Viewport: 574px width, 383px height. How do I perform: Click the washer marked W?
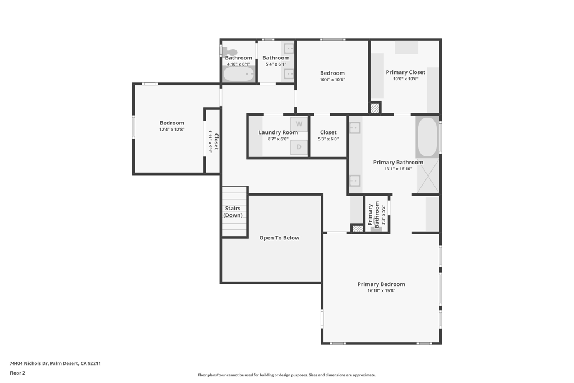coord(299,124)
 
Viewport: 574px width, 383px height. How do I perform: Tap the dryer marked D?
coord(299,147)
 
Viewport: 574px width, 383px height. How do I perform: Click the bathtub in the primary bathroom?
coord(427,137)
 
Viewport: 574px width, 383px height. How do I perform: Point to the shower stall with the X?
coord(428,176)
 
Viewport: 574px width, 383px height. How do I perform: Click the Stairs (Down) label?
coord(233,212)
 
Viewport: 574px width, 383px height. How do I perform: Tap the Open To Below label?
coord(279,238)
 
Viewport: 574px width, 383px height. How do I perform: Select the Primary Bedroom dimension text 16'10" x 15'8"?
coord(381,291)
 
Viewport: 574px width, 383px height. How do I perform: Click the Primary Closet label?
coord(405,72)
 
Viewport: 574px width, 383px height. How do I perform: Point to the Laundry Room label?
coord(278,132)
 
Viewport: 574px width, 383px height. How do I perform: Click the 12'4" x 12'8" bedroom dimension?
coord(172,130)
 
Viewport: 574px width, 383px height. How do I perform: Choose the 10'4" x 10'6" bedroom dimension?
coord(332,80)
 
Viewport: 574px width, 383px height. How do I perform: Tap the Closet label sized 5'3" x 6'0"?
coord(328,132)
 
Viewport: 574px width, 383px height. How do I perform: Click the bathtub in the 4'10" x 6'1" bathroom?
coord(239,74)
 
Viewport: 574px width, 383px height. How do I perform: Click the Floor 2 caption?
coord(17,373)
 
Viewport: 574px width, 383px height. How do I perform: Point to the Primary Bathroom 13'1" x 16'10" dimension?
coord(398,169)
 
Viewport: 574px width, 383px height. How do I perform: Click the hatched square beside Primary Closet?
coord(375,108)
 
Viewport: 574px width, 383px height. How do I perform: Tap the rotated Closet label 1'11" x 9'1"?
coord(213,141)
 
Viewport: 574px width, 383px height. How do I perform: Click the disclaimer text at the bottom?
coord(286,375)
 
